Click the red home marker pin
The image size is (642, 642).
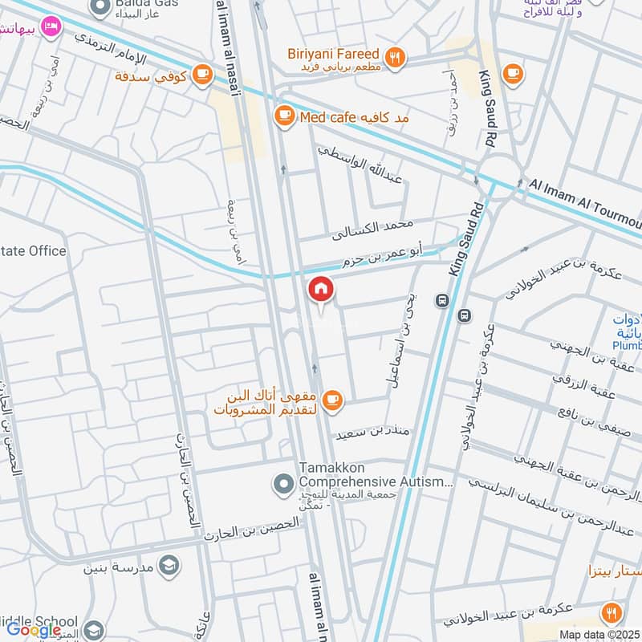(321, 289)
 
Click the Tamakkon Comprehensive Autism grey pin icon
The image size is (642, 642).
(282, 483)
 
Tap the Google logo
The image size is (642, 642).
(34, 630)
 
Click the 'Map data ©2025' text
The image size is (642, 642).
(598, 634)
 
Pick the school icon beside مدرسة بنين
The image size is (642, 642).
(169, 565)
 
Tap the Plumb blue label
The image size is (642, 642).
(627, 344)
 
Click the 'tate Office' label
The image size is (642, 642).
(34, 251)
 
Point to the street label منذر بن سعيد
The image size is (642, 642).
(375, 431)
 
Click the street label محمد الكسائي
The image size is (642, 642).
(373, 229)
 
